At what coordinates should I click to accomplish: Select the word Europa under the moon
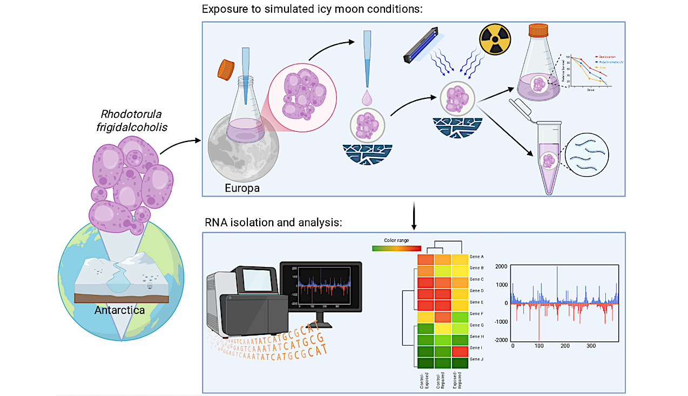pyautogui.click(x=242, y=189)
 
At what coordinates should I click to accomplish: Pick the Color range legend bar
pyautogui.click(x=396, y=248)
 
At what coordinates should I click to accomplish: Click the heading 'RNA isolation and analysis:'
pyautogui.click(x=273, y=223)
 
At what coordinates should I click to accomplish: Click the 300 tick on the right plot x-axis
pyautogui.click(x=591, y=345)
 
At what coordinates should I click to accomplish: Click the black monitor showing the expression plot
pyautogui.click(x=320, y=287)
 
